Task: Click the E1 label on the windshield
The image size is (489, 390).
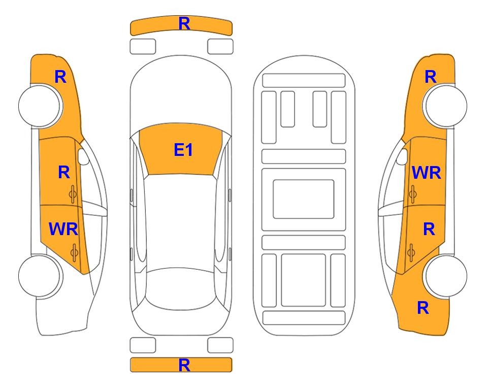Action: (183, 150)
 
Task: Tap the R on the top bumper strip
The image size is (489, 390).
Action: (184, 24)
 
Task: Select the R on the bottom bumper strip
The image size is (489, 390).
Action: (184, 365)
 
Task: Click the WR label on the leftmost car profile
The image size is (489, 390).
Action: (63, 229)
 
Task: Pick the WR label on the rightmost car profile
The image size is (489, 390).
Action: (427, 173)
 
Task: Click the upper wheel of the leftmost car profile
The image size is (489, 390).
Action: (41, 106)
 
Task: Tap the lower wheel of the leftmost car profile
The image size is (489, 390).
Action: (41, 276)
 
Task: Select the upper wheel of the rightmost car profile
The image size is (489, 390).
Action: (445, 106)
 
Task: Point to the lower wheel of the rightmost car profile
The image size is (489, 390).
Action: (445, 276)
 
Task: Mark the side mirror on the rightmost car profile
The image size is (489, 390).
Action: (402, 156)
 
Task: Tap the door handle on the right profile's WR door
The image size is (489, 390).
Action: (412, 194)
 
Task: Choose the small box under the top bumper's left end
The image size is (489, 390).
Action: (143, 47)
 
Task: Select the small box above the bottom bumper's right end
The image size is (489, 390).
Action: (220, 345)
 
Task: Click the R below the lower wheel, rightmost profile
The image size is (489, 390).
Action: (423, 308)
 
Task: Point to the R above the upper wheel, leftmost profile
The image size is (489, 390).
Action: (60, 77)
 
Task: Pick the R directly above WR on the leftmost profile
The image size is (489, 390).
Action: (64, 172)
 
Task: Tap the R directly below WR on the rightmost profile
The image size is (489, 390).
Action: (429, 229)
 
